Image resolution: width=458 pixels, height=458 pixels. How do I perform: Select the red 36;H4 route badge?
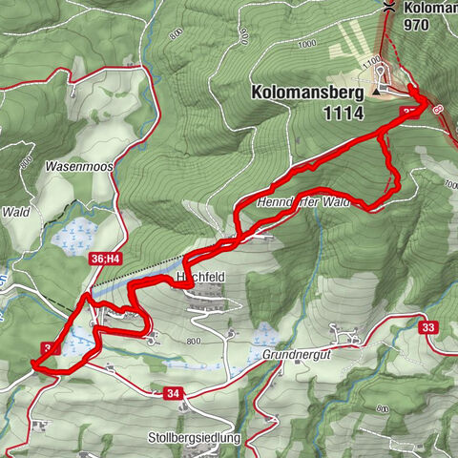pyautogui.click(x=106, y=258)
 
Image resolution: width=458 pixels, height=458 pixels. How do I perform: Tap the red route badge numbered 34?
pyautogui.click(x=173, y=392)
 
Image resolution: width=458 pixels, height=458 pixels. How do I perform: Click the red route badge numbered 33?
pyautogui.click(x=427, y=327)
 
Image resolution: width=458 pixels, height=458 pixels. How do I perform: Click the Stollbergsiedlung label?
pyautogui.click(x=196, y=438)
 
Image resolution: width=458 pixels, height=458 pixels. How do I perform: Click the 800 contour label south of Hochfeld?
pyautogui.click(x=194, y=341)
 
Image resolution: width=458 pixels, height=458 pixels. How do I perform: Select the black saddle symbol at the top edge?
pyautogui.click(x=389, y=8)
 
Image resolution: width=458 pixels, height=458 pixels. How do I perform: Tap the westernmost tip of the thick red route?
pyautogui.click(x=32, y=363)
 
